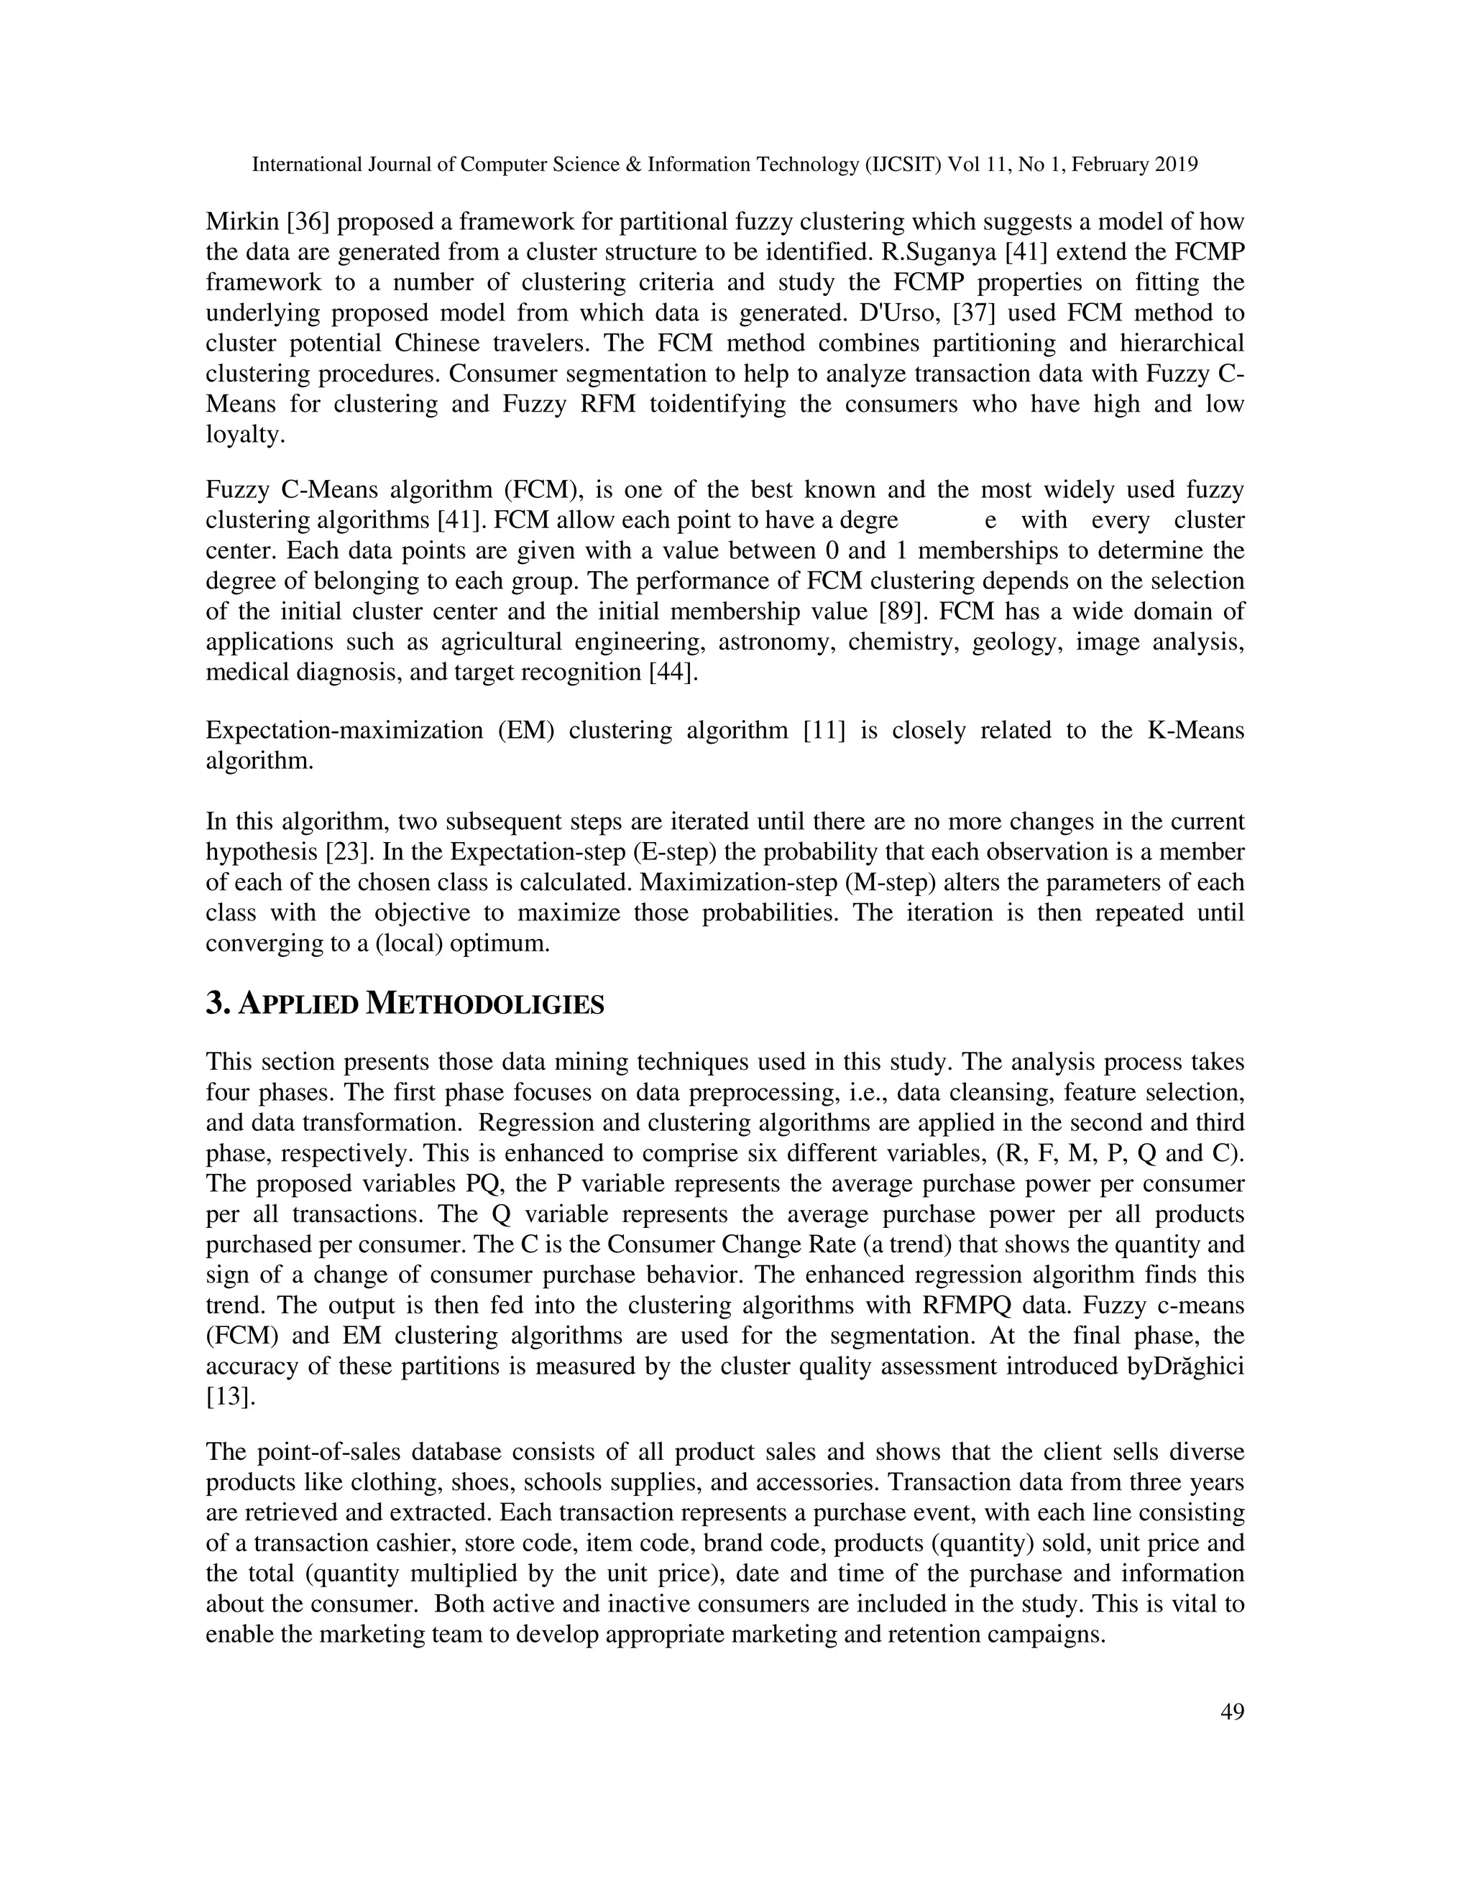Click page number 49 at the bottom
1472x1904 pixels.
1232,1712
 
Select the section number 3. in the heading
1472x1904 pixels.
217,1004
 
